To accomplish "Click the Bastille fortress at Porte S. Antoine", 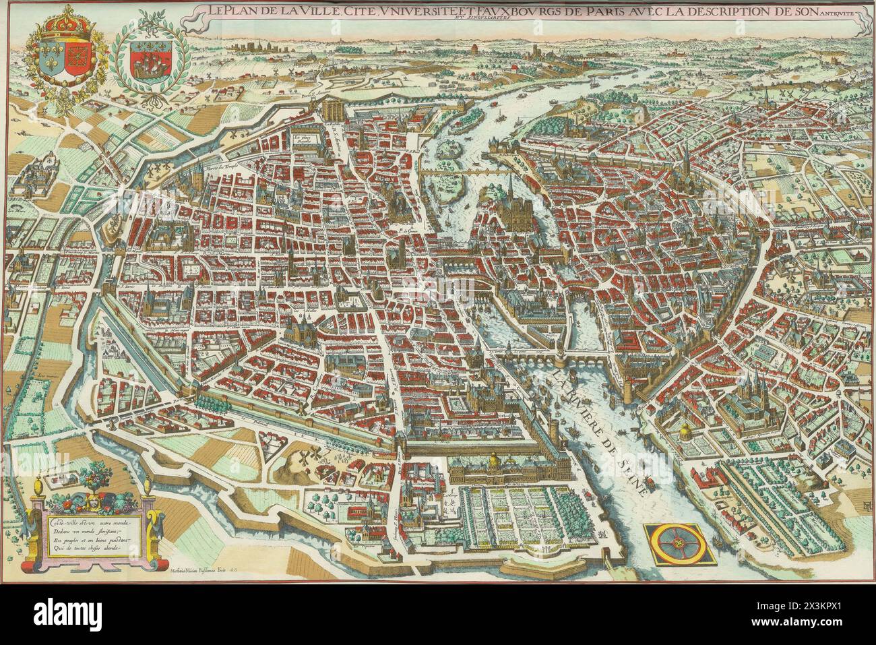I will (x=334, y=110).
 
